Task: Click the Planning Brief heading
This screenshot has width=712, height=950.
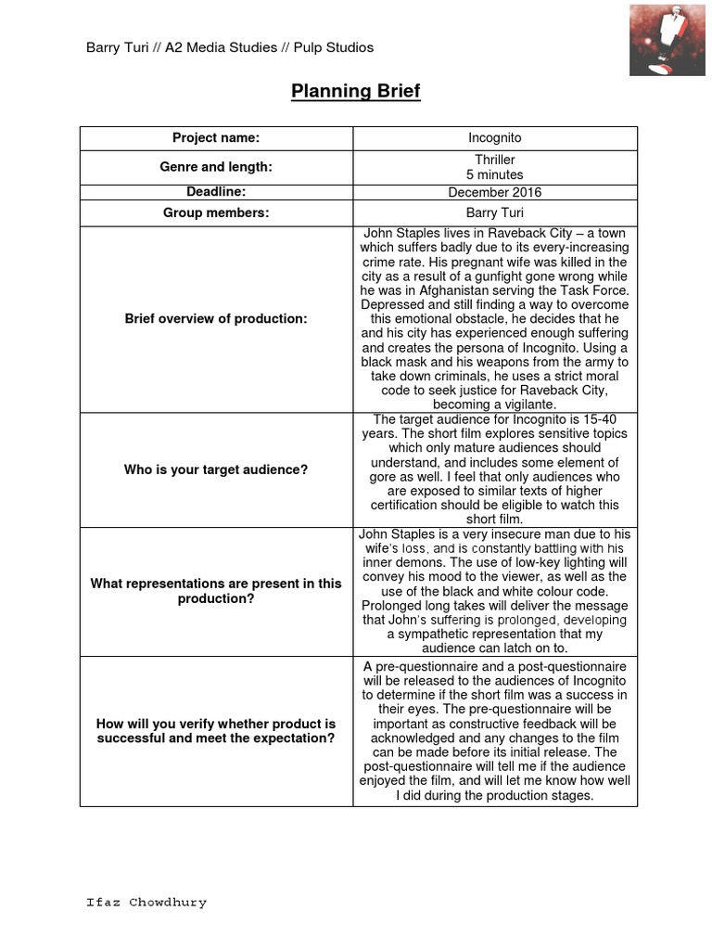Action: (356, 91)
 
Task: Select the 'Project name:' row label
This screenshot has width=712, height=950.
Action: (216, 137)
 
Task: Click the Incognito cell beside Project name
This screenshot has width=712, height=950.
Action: (495, 137)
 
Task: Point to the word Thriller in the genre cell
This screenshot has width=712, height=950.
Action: (495, 160)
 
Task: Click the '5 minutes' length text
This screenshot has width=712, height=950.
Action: (495, 174)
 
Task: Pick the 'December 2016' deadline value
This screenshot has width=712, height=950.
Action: (495, 192)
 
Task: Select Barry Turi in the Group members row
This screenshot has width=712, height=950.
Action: (495, 212)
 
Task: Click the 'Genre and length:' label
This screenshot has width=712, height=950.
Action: (216, 167)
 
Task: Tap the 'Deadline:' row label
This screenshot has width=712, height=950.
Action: (216, 192)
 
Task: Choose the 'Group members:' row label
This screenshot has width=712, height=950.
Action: (216, 212)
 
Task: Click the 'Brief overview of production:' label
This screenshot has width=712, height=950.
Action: (216, 319)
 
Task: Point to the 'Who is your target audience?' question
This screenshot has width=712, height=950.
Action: (216, 469)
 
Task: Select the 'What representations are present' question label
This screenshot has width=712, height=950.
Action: (216, 591)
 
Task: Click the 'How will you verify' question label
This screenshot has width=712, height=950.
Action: (216, 731)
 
